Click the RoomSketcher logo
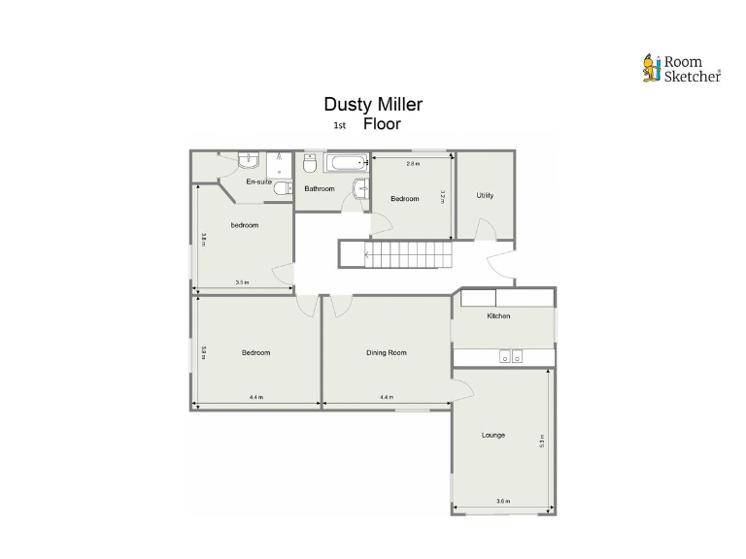click(x=681, y=69)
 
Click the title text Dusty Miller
click(x=373, y=105)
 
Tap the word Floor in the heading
click(x=382, y=124)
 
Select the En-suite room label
click(x=258, y=181)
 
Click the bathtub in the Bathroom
click(x=345, y=162)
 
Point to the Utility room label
click(x=485, y=195)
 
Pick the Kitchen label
click(x=498, y=316)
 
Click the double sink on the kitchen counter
click(x=511, y=357)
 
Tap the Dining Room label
click(x=386, y=352)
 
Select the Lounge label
click(x=492, y=435)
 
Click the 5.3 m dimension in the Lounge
click(x=542, y=440)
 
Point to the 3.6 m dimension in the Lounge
click(x=502, y=501)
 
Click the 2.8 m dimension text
click(x=412, y=164)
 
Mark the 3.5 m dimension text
click(x=242, y=282)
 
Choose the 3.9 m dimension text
click(x=204, y=352)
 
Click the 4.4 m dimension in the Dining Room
click(x=386, y=397)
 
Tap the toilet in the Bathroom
click(x=311, y=163)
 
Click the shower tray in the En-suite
click(x=279, y=162)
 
